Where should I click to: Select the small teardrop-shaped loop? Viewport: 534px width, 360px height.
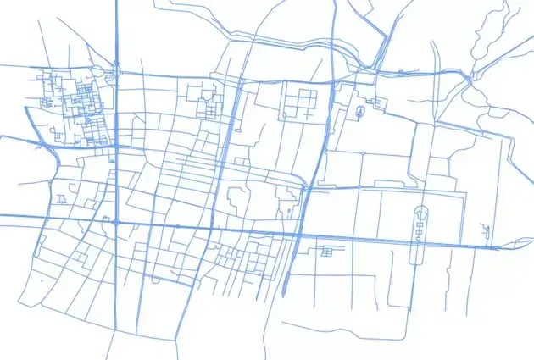pyautogui.click(x=362, y=111)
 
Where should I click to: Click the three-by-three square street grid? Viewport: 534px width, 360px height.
pyautogui.click(x=299, y=102)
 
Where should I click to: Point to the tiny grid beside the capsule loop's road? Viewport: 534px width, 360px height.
pyautogui.click(x=326, y=251)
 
